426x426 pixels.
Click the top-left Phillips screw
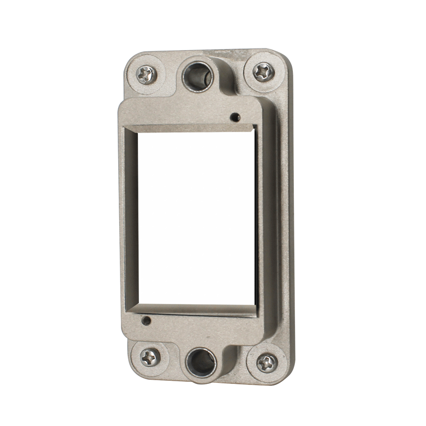(x=146, y=74)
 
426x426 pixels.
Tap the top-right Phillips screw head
(x=264, y=71)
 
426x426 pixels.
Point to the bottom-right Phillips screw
(x=267, y=363)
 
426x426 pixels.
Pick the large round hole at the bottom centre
(x=202, y=362)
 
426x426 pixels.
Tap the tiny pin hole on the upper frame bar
(x=233, y=117)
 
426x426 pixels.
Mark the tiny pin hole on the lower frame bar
(x=145, y=321)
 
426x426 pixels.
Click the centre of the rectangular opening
(x=197, y=218)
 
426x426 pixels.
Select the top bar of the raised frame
(x=186, y=113)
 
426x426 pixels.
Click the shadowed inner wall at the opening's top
(x=192, y=128)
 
